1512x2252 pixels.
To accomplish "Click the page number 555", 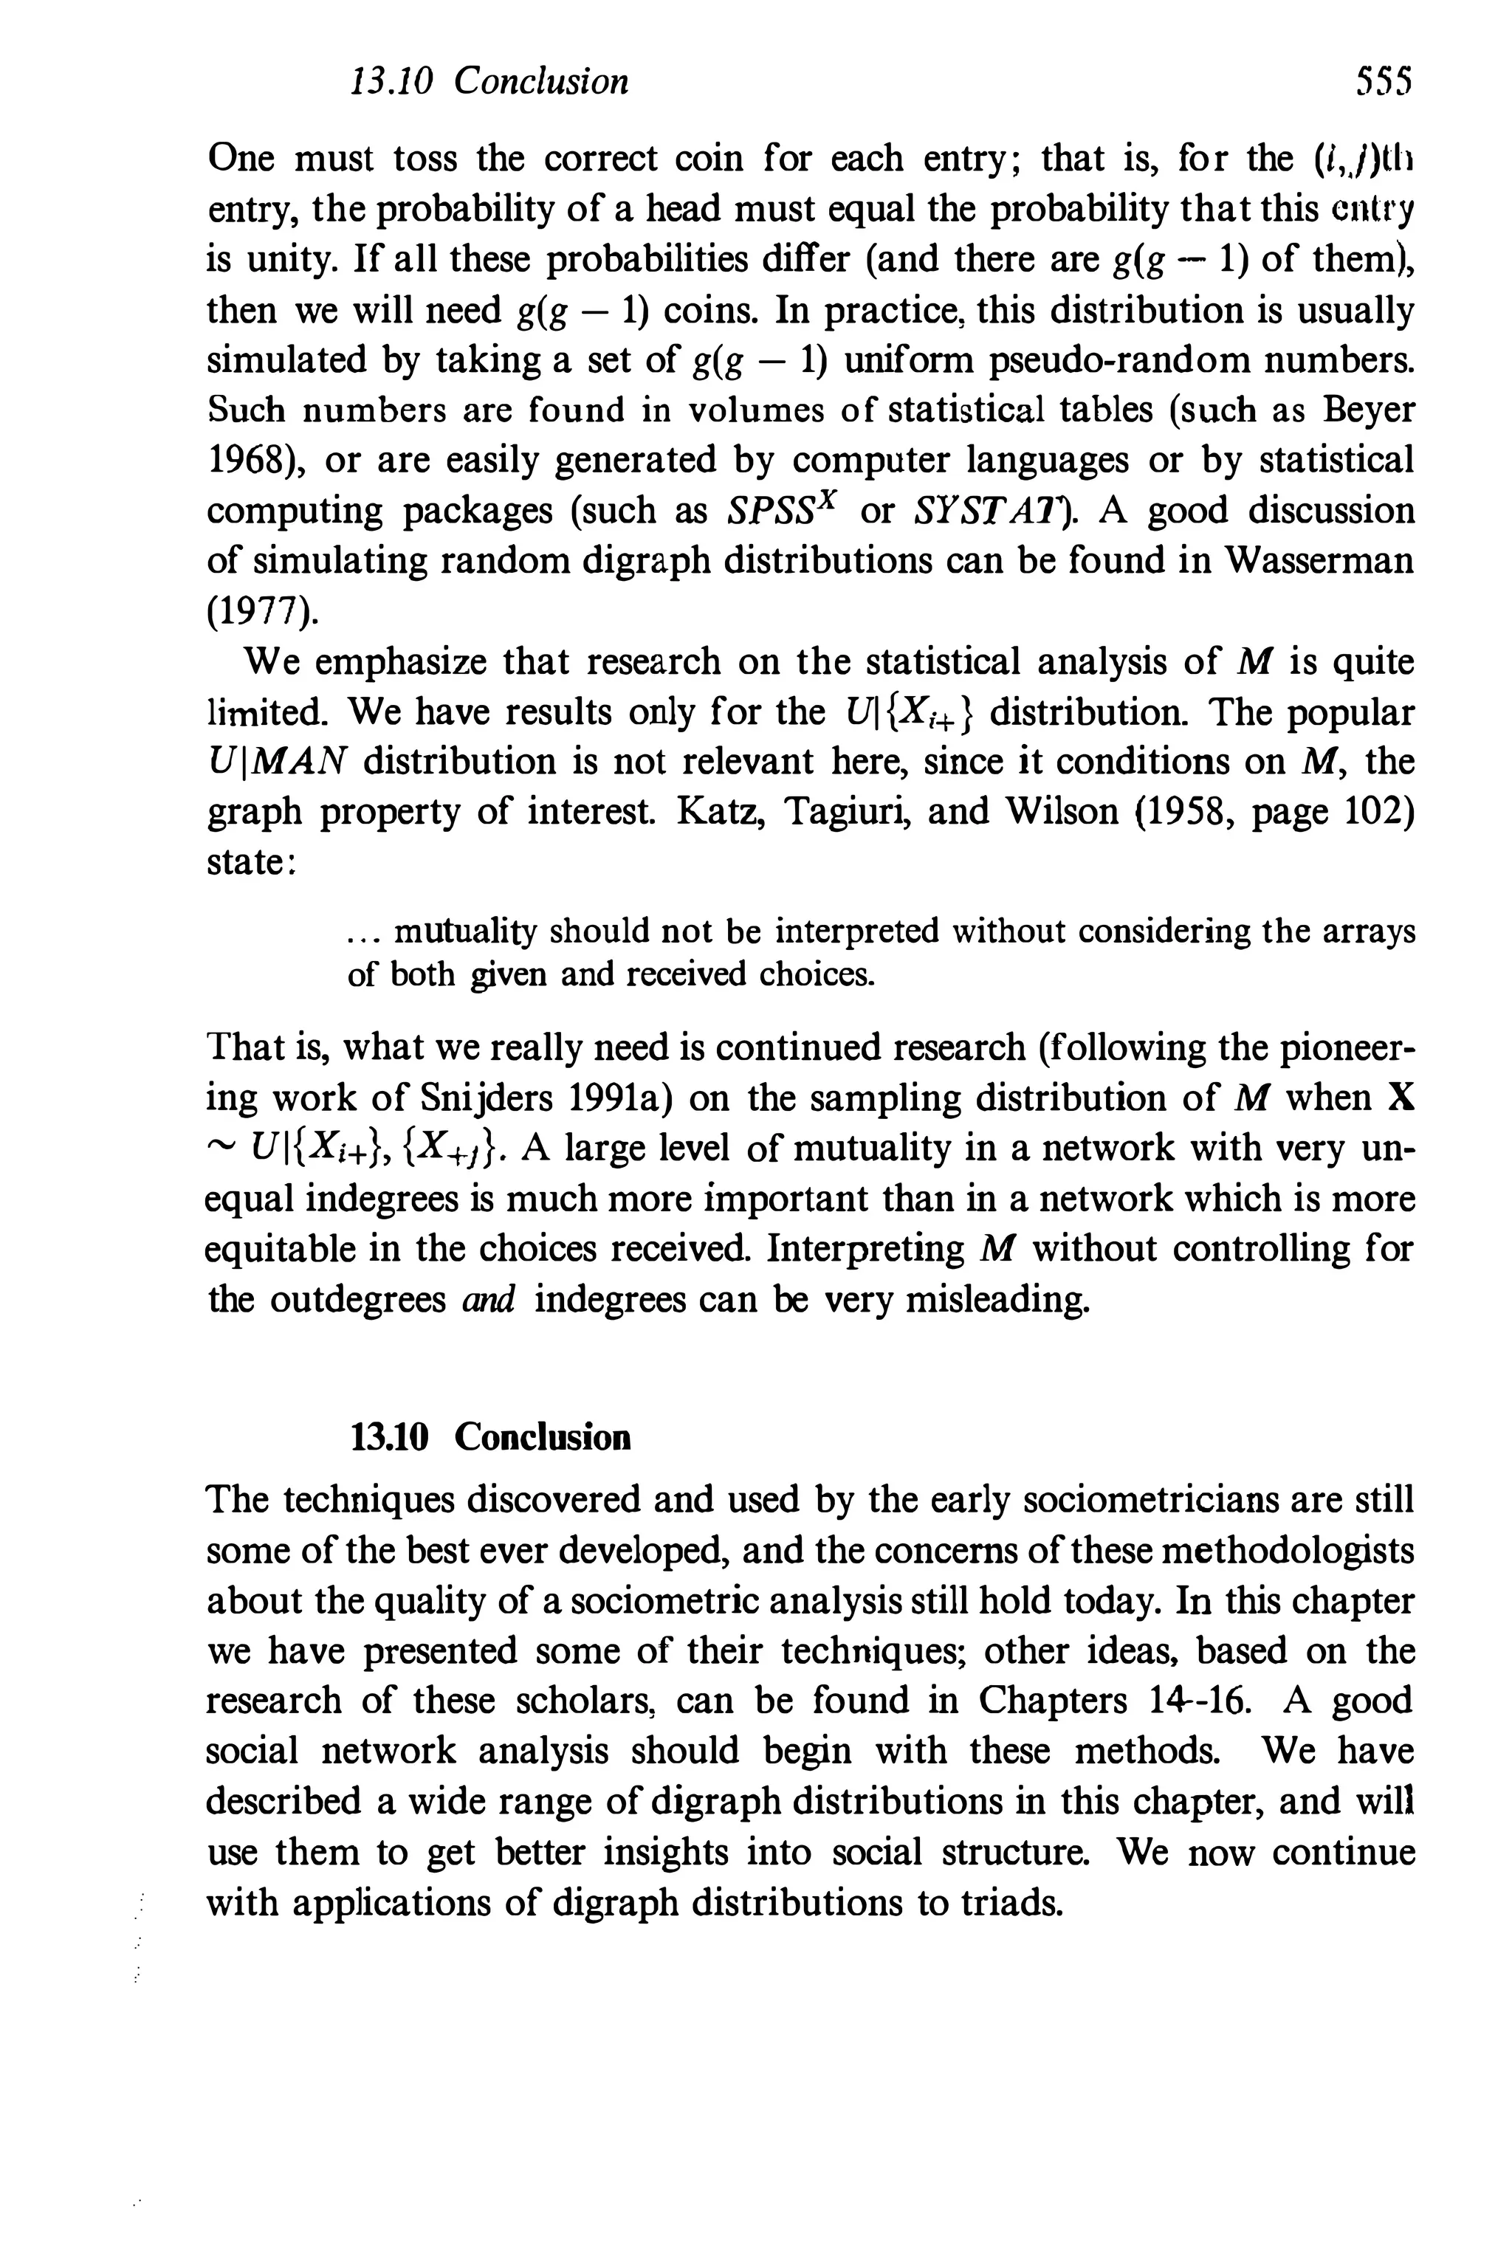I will coord(1383,82).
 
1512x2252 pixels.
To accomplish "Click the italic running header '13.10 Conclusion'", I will coord(489,82).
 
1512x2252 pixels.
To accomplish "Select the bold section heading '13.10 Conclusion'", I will coord(489,1437).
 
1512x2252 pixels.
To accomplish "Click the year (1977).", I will coord(261,611).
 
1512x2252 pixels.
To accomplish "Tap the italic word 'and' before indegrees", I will coord(489,1301).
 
